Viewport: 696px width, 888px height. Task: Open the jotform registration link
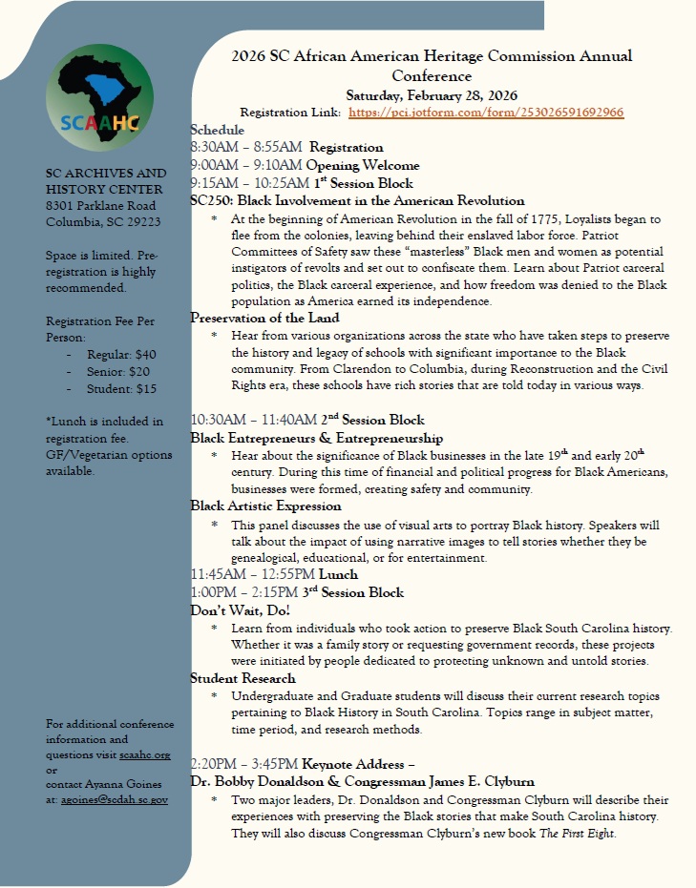(486, 113)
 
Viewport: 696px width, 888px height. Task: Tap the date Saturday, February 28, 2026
(432, 94)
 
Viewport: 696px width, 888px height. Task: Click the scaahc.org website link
(145, 754)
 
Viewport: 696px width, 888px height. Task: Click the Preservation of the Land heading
(265, 318)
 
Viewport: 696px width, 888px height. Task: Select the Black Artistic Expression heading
(266, 506)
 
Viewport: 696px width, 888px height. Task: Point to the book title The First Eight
(571, 833)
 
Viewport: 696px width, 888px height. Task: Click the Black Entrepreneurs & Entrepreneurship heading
(317, 438)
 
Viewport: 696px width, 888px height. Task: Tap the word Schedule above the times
(218, 130)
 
